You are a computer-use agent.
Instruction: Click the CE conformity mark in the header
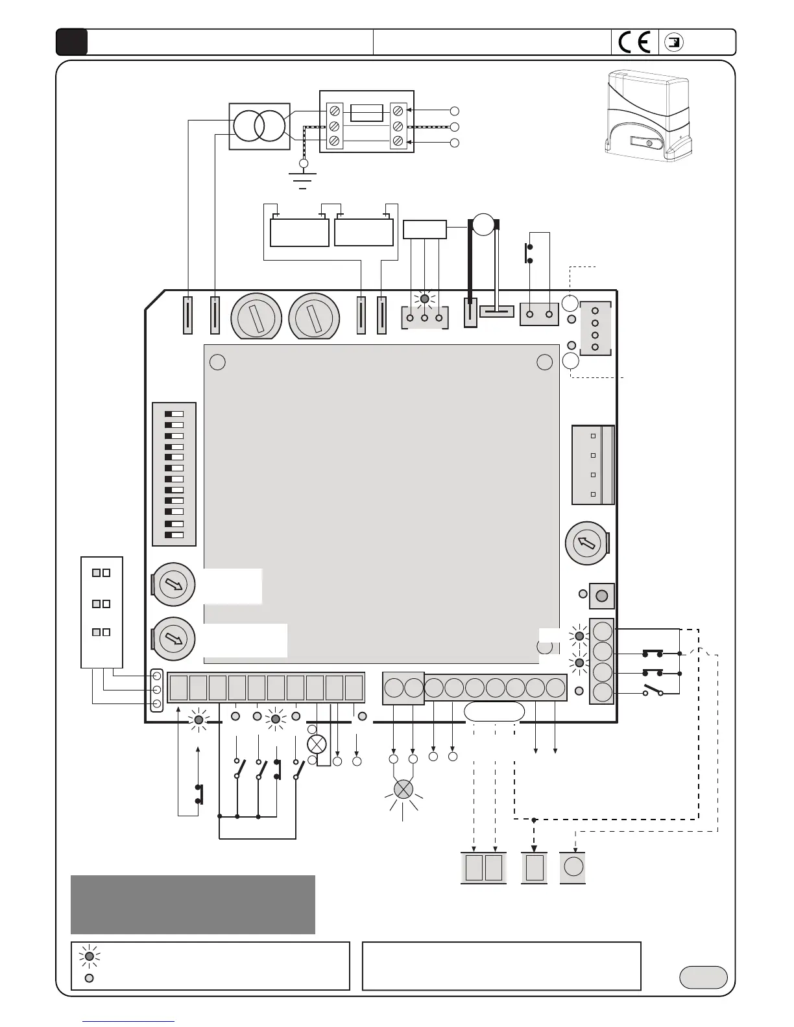pos(634,43)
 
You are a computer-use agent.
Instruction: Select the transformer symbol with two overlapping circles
pos(259,126)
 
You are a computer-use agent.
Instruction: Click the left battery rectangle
pos(299,232)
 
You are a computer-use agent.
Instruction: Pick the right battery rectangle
pos(364,231)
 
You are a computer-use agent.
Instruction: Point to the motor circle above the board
pos(483,224)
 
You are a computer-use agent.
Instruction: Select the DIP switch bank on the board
pos(174,474)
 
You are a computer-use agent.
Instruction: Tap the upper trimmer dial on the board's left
pos(173,584)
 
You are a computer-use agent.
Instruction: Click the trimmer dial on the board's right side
pos(586,543)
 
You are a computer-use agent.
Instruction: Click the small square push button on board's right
pos(601,596)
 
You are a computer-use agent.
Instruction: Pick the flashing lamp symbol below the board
pos(403,789)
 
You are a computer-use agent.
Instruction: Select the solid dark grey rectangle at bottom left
pos(193,904)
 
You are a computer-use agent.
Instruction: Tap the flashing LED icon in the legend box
pos(90,956)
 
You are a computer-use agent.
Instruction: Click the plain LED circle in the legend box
pos(90,978)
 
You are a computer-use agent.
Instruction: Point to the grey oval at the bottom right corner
pos(703,977)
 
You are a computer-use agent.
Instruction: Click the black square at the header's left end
pos(71,42)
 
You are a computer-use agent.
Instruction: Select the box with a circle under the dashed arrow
pos(573,868)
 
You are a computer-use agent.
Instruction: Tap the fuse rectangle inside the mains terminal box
pos(367,113)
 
